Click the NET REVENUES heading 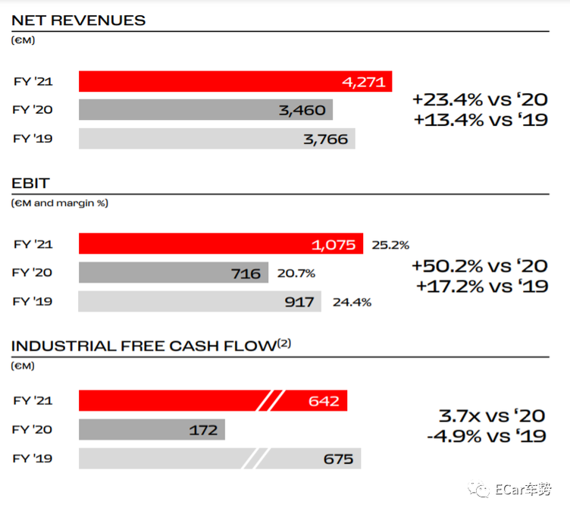[79, 20]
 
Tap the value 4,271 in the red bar [364, 82]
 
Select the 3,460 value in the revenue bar [302, 110]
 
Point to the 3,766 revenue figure [326, 139]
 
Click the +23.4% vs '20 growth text [480, 99]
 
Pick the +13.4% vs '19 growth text [481, 120]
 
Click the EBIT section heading [30, 183]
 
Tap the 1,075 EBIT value [334, 245]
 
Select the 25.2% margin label [390, 245]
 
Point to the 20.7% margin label [296, 274]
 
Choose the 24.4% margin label [352, 302]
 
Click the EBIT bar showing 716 [174, 273]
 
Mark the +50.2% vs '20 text [480, 266]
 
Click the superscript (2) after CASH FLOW [284, 343]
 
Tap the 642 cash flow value [324, 401]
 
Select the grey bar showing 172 [152, 430]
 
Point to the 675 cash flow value [338, 459]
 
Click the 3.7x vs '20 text [492, 416]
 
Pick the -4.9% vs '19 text [487, 436]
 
